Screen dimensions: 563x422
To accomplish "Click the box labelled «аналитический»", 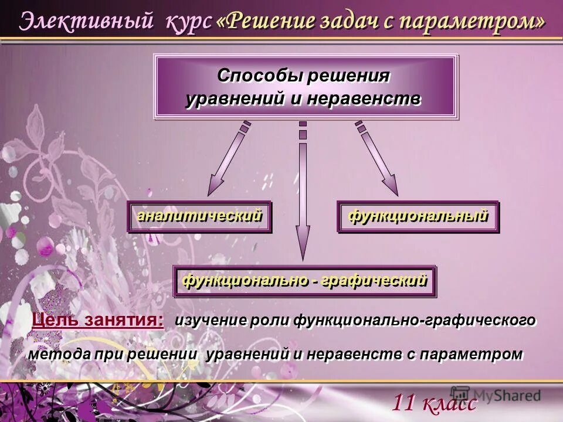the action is tap(199, 216).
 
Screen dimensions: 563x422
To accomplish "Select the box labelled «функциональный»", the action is tap(418, 216).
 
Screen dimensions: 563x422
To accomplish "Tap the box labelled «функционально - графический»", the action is tap(304, 281).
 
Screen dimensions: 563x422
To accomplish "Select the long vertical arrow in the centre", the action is tap(303, 193).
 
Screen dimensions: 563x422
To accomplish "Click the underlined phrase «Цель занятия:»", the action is tap(98, 319).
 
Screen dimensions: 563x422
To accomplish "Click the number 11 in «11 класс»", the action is tap(404, 403).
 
